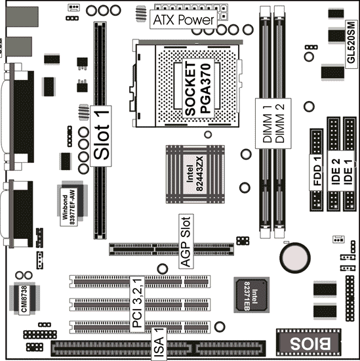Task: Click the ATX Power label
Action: (184, 20)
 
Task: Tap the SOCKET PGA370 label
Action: (198, 89)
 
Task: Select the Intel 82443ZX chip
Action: (195, 174)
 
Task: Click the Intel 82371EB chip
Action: (251, 295)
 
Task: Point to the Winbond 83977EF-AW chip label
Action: (69, 207)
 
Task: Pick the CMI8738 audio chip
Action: (25, 299)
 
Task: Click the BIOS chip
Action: (309, 343)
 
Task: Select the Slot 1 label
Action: (101, 136)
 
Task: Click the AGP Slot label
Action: (186, 242)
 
